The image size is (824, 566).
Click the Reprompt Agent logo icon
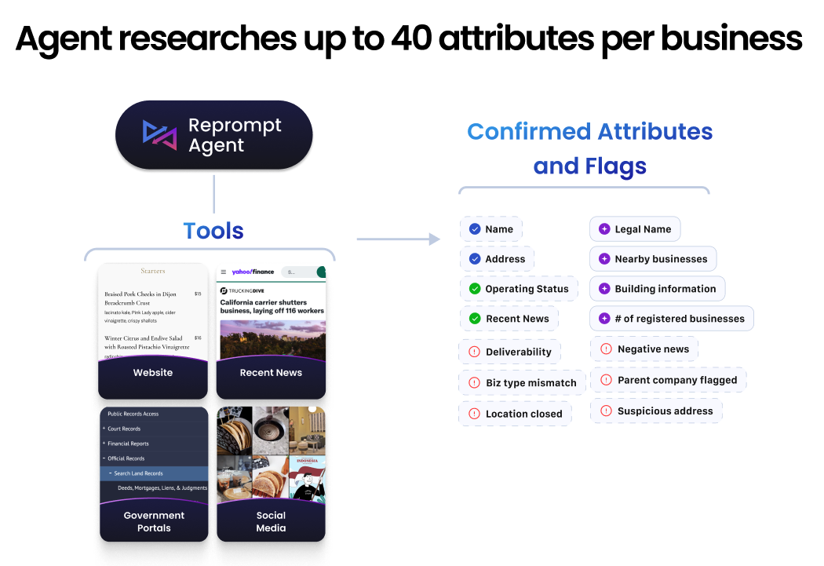[160, 134]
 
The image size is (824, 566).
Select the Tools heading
[213, 231]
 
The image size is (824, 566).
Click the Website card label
[153, 373]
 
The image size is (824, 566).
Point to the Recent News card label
[271, 373]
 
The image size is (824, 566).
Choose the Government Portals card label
[154, 522]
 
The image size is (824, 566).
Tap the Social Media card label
[271, 522]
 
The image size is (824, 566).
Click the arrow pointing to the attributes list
[399, 239]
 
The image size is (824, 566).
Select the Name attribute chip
[490, 229]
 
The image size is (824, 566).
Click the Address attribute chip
[497, 259]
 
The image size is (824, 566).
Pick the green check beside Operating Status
[475, 289]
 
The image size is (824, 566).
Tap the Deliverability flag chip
[509, 352]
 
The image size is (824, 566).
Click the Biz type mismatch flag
[522, 383]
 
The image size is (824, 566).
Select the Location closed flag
[515, 414]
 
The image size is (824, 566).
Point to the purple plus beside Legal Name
[604, 229]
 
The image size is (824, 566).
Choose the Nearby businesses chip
[653, 259]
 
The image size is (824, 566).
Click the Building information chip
[658, 289]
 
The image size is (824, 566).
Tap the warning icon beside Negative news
[606, 349]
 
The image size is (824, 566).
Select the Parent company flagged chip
[669, 380]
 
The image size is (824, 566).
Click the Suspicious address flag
[656, 411]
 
